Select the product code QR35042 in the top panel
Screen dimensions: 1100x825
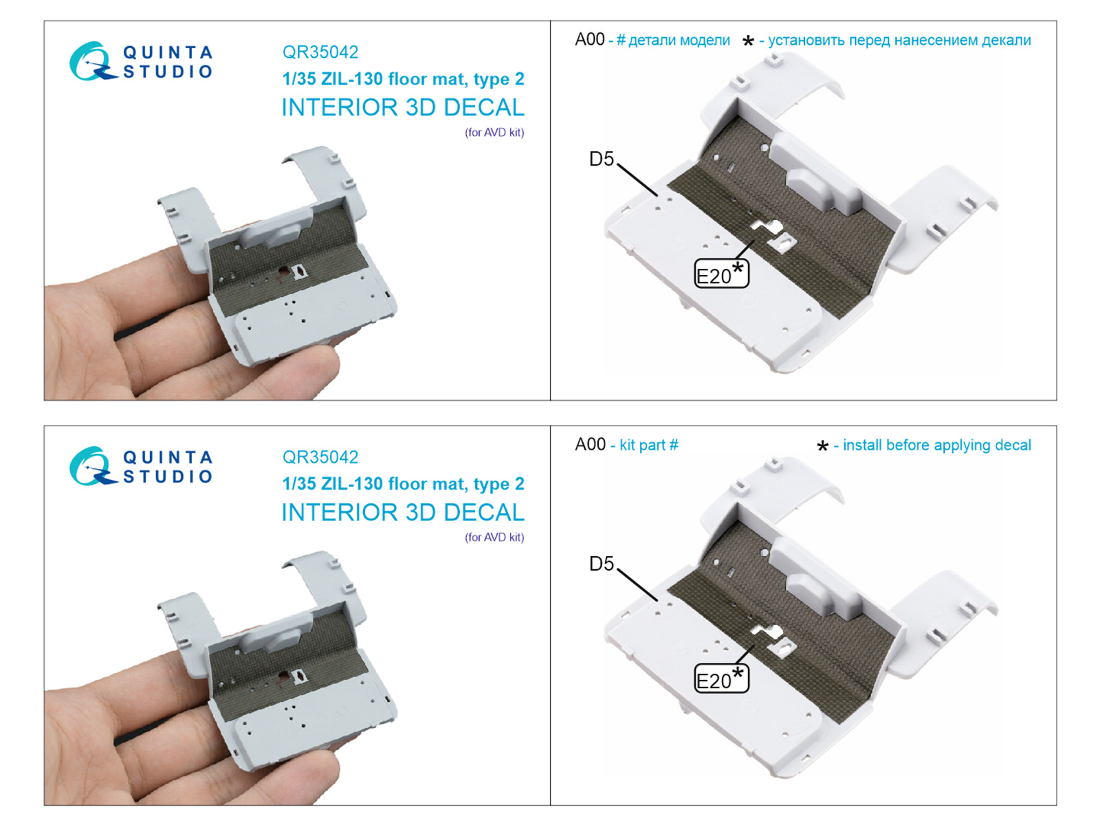pos(320,52)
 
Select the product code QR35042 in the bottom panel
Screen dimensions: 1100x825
pos(320,456)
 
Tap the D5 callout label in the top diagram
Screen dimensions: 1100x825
pos(602,159)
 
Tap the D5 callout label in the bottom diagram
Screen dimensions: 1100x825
pos(602,564)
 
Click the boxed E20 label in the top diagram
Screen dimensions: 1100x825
pos(721,274)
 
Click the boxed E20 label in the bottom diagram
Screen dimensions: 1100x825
pos(721,679)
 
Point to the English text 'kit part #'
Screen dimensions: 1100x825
pos(649,445)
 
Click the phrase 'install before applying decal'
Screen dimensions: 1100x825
pos(936,445)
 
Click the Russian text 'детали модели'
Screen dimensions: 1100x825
pos(679,40)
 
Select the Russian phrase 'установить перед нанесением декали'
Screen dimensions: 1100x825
pos(899,40)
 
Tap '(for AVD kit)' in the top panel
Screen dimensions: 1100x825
pos(494,133)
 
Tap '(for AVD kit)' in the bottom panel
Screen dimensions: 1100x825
pos(494,538)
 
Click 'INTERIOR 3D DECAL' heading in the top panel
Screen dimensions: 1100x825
pos(403,108)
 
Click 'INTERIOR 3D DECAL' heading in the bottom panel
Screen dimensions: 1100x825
pos(403,512)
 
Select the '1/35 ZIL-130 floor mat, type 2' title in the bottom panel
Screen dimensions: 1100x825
pos(403,484)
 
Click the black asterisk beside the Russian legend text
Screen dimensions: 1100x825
pos(748,41)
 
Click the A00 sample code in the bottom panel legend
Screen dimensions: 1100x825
pos(590,444)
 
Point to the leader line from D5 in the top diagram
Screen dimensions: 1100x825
pos(637,180)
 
